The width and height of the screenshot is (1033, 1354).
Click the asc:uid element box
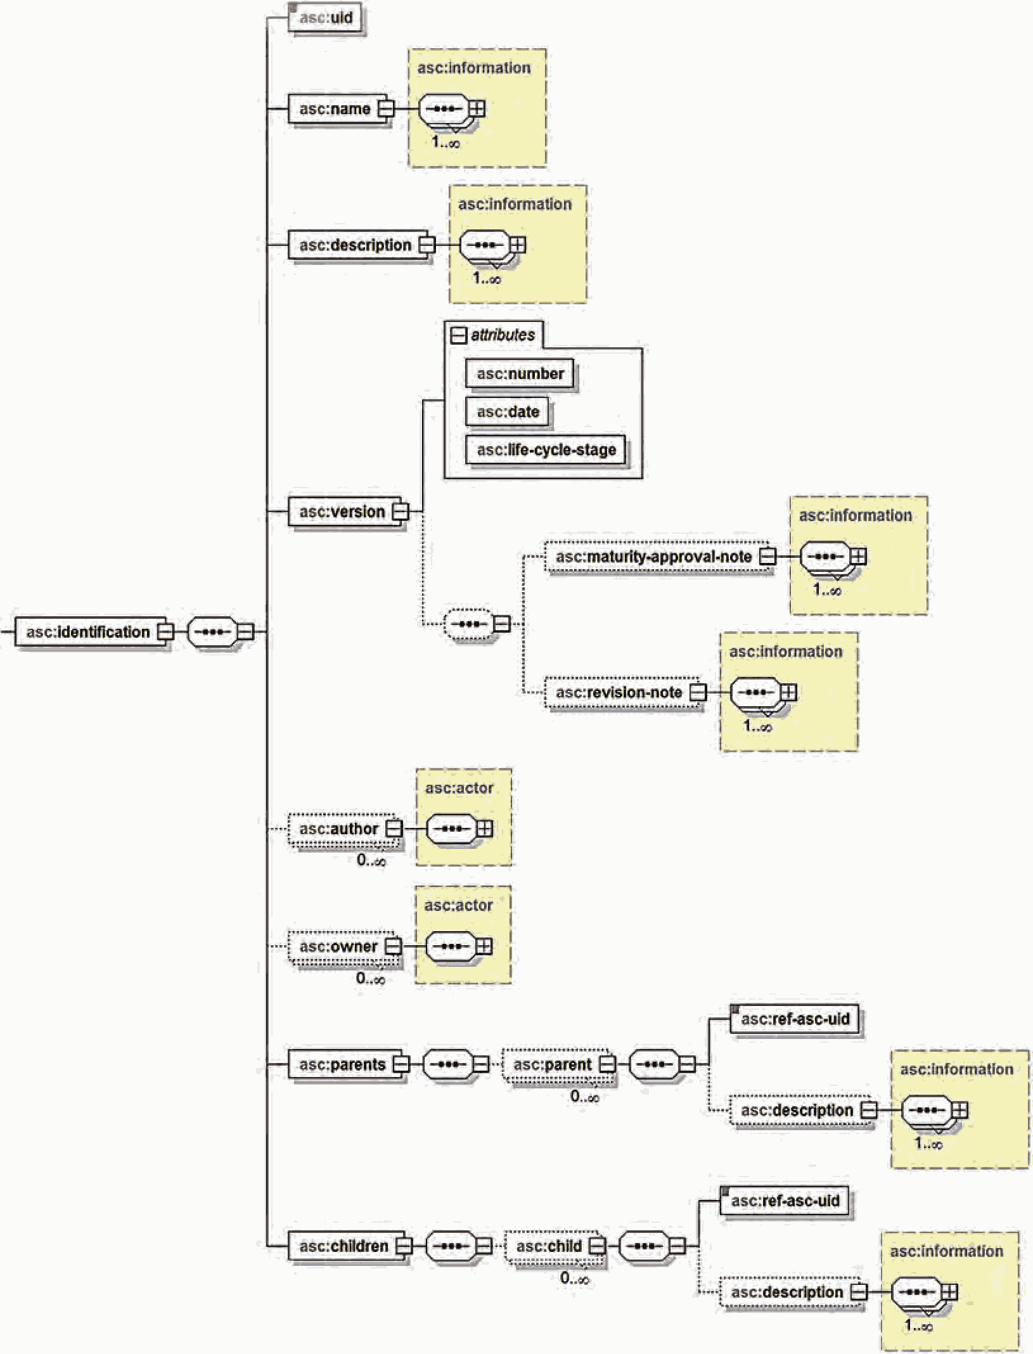pyautogui.click(x=326, y=17)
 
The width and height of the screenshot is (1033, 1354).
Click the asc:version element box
pyautogui.click(x=345, y=511)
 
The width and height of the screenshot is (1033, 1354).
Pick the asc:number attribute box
pyautogui.click(x=520, y=373)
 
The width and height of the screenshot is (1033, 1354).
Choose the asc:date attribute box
pyautogui.click(x=507, y=411)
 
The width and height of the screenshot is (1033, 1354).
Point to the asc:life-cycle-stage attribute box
pyautogui.click(x=546, y=449)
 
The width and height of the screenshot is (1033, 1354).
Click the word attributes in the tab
pyautogui.click(x=503, y=335)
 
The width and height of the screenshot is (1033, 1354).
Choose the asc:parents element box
pyautogui.click(x=345, y=1064)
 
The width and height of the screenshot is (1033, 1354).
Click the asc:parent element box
pyautogui.click(x=555, y=1064)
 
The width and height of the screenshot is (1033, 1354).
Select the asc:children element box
pyautogui.click(x=347, y=1246)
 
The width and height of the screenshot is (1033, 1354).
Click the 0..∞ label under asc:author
pyautogui.click(x=371, y=860)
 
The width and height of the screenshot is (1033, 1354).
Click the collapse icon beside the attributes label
pyautogui.click(x=458, y=335)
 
